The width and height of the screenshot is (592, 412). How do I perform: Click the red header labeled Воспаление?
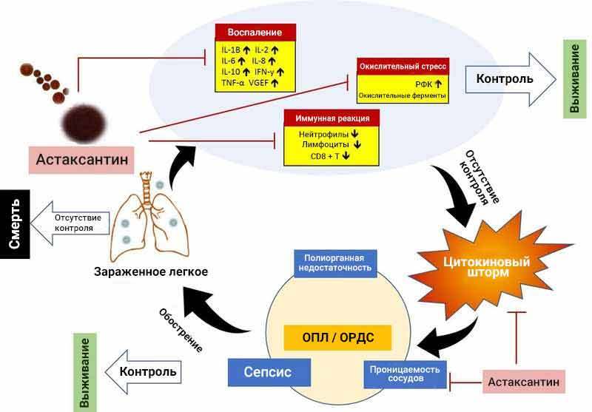(255, 33)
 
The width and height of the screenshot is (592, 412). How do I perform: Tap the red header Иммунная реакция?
(332, 118)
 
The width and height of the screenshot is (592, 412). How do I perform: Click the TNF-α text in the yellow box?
(234, 84)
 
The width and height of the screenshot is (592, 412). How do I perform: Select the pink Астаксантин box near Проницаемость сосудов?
(525, 382)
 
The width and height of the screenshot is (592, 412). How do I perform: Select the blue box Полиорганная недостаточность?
(334, 262)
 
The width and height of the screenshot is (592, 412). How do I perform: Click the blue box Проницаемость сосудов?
(405, 375)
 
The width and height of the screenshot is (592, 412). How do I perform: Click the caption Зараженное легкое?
(150, 271)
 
